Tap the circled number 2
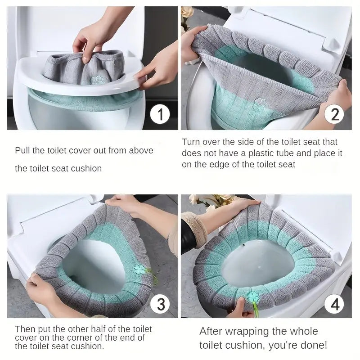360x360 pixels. [x=334, y=115]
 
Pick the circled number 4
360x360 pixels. [x=334, y=305]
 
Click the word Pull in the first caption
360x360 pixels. [x=22, y=151]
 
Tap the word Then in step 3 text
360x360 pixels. [x=24, y=329]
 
